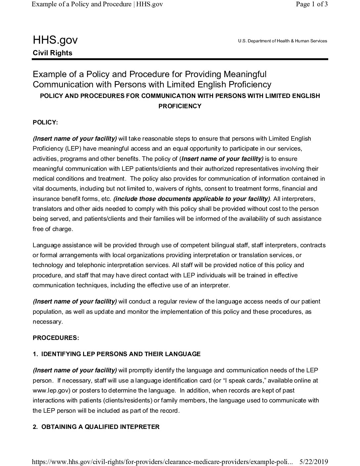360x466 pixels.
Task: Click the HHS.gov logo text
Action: [55, 40]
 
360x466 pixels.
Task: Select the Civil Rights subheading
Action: [52, 53]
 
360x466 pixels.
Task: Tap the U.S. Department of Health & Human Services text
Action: [282, 41]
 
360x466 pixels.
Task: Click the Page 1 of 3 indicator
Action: [311, 5]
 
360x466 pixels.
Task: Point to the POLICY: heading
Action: [45, 122]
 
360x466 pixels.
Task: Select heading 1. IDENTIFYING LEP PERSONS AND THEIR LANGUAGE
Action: [116, 354]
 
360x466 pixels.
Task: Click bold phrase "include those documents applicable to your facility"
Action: [191, 199]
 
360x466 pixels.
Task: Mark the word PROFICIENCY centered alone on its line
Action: [180, 106]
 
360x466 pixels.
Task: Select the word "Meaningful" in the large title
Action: [245, 74]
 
